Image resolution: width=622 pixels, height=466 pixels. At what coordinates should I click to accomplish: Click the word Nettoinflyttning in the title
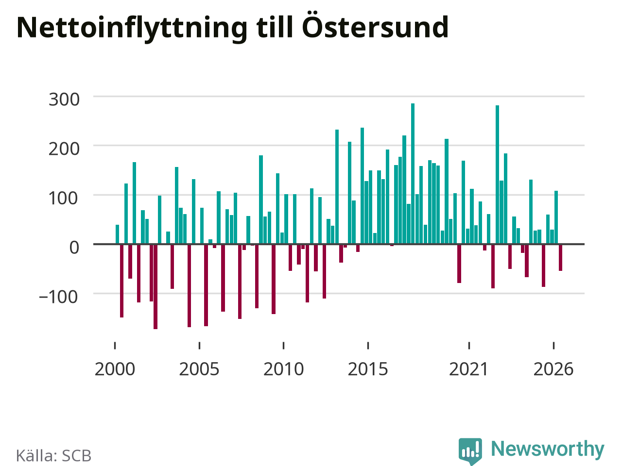pyautogui.click(x=132, y=28)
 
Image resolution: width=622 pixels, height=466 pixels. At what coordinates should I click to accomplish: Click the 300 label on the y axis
pyautogui.click(x=64, y=100)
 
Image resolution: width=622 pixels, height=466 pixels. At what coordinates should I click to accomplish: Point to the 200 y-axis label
pyautogui.click(x=64, y=149)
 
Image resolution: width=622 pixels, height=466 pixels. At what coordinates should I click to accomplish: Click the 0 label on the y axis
pyautogui.click(x=74, y=248)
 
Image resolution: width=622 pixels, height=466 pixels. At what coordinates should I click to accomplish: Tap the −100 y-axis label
pyautogui.click(x=58, y=297)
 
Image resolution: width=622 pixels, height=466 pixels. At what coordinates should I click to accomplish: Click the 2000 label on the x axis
pyautogui.click(x=115, y=369)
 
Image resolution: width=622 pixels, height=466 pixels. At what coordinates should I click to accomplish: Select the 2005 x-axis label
pyautogui.click(x=199, y=369)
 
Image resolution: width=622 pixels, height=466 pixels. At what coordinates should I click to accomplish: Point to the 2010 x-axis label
pyautogui.click(x=284, y=369)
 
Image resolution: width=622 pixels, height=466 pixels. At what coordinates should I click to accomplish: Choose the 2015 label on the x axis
pyautogui.click(x=368, y=369)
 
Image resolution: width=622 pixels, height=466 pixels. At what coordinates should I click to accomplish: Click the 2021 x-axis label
pyautogui.click(x=469, y=369)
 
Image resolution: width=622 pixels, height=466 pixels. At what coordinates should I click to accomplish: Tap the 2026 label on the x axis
pyautogui.click(x=553, y=369)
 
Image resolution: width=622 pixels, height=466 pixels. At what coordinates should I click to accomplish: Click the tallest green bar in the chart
pyautogui.click(x=413, y=173)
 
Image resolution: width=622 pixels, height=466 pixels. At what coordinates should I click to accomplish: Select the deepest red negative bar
pyautogui.click(x=155, y=286)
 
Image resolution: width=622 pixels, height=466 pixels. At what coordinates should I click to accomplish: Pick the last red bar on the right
pyautogui.click(x=560, y=257)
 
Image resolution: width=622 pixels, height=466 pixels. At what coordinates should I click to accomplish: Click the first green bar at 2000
pyautogui.click(x=117, y=234)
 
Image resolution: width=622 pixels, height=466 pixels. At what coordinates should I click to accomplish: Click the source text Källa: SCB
pyautogui.click(x=53, y=455)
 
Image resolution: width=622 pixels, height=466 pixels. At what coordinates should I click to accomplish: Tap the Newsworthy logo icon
pyautogui.click(x=470, y=451)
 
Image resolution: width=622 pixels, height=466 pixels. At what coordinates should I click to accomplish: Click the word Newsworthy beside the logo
pyautogui.click(x=548, y=449)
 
